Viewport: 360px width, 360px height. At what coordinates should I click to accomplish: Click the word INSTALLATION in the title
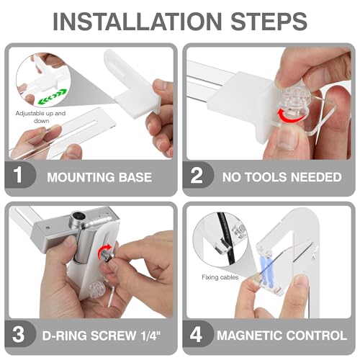pyautogui.click(x=137, y=21)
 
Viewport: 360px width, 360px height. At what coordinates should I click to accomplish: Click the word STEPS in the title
pyautogui.click(x=269, y=21)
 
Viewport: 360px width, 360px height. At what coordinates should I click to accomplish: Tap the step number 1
pyautogui.click(x=18, y=175)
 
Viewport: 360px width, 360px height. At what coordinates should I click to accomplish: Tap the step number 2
pyautogui.click(x=197, y=175)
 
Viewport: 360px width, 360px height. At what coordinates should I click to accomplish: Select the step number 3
pyautogui.click(x=19, y=334)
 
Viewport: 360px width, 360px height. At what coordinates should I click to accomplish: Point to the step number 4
pyautogui.click(x=196, y=334)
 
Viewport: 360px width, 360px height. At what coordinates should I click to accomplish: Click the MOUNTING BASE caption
pyautogui.click(x=99, y=177)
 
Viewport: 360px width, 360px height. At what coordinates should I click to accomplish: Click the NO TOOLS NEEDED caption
pyautogui.click(x=282, y=177)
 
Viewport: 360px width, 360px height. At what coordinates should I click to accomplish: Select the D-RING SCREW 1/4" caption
pyautogui.click(x=102, y=336)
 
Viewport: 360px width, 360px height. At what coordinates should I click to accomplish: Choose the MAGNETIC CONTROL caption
pyautogui.click(x=282, y=336)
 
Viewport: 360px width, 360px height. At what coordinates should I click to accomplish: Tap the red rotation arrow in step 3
pyautogui.click(x=104, y=250)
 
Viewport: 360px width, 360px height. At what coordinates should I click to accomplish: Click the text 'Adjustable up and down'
pyautogui.click(x=40, y=117)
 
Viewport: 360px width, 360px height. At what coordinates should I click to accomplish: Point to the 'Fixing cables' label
pyautogui.click(x=220, y=277)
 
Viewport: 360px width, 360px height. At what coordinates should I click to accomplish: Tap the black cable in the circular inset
pyautogui.click(x=225, y=240)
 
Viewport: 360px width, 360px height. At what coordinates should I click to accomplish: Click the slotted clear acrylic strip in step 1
pyautogui.click(x=63, y=133)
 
